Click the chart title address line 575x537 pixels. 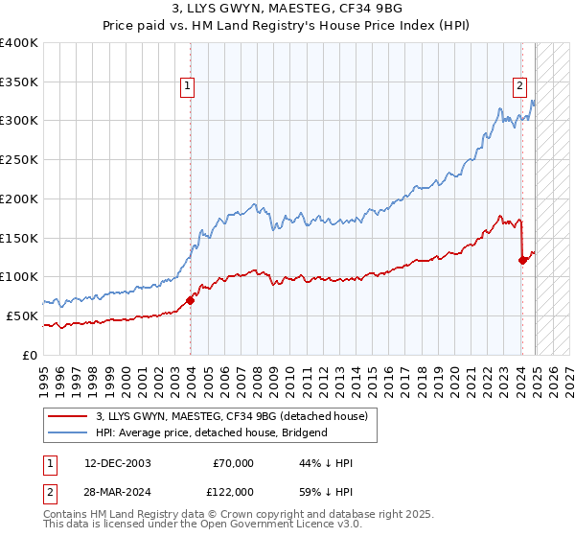287,9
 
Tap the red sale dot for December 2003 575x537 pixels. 190,300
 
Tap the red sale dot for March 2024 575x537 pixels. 522,259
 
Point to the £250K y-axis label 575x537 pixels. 19,160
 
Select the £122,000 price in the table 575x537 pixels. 233,491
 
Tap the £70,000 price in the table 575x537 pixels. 233,463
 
